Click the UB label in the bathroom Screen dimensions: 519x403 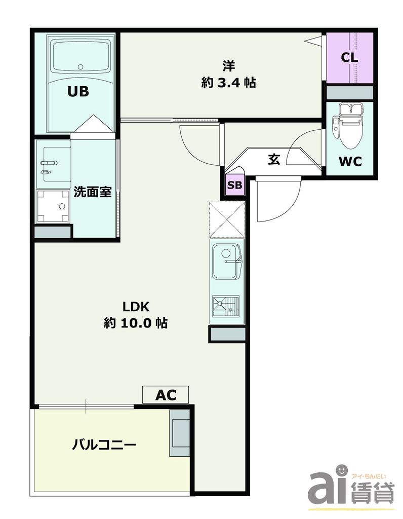click(79, 92)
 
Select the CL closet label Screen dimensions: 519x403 click(349, 57)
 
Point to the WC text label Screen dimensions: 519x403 click(350, 162)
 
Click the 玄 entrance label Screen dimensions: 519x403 click(274, 159)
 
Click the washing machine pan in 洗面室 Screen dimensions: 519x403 click(53, 206)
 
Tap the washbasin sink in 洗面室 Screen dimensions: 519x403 click(53, 163)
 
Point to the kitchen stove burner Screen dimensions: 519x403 click(226, 306)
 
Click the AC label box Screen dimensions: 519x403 click(165, 394)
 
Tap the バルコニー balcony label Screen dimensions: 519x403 click(104, 446)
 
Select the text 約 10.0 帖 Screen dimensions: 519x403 click(136, 323)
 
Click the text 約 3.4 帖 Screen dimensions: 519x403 click(229, 83)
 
